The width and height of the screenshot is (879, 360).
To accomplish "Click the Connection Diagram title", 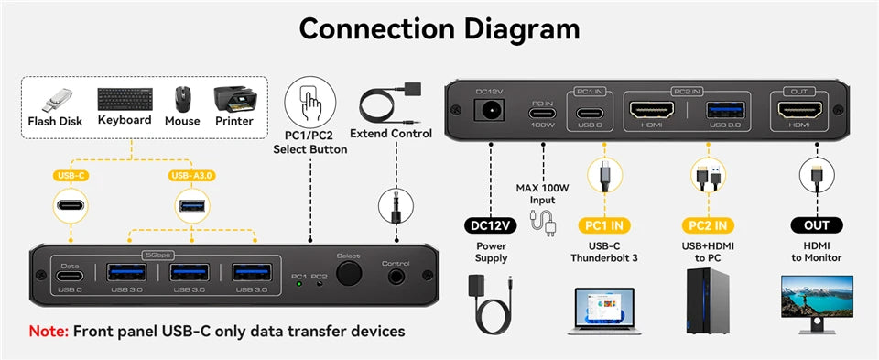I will [439, 29].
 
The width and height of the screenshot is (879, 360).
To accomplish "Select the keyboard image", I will [125, 99].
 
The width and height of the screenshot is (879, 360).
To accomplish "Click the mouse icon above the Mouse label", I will [182, 98].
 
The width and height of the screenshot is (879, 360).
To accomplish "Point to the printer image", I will [233, 98].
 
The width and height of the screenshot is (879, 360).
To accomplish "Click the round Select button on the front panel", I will [348, 275].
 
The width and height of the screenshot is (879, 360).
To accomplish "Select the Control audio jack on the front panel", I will [395, 276].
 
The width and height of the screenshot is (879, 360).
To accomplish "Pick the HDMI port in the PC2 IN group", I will [652, 111].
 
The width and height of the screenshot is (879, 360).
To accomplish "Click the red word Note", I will [48, 331].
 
